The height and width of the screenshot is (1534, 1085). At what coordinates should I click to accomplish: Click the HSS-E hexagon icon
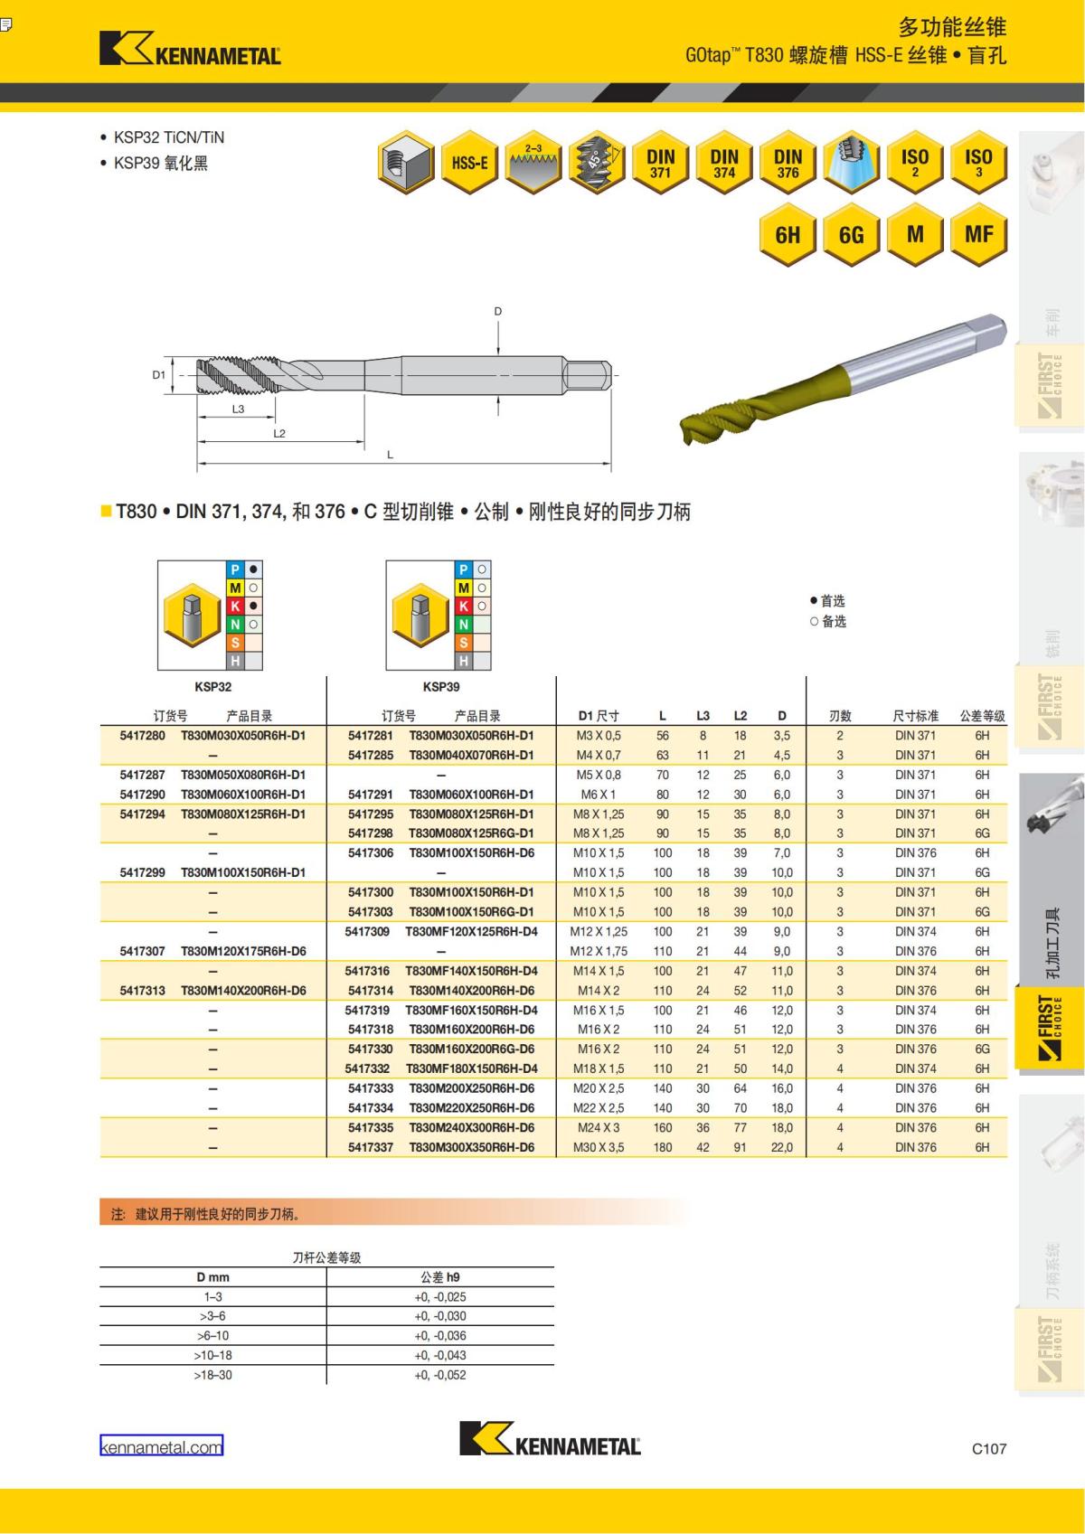[x=469, y=163]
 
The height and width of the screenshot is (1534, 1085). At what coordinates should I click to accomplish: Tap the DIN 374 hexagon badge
[x=724, y=163]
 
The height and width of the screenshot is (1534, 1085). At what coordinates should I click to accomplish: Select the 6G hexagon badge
[x=852, y=235]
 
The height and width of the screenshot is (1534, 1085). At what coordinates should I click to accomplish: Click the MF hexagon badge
[x=978, y=235]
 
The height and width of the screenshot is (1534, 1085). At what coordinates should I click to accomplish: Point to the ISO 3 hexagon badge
[x=978, y=163]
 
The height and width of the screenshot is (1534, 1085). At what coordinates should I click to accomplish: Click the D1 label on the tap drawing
[x=158, y=374]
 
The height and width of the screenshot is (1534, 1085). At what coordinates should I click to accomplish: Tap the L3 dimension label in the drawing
[x=238, y=409]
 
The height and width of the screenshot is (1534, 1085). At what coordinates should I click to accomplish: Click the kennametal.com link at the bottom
[x=161, y=1447]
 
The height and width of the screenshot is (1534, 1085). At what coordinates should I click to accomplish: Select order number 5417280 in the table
[x=143, y=736]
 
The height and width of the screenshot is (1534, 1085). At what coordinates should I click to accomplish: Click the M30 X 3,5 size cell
[x=597, y=1147]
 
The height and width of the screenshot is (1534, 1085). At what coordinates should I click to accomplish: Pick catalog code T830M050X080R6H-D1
[x=243, y=775]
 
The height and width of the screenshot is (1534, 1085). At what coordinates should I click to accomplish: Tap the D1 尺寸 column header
[x=599, y=716]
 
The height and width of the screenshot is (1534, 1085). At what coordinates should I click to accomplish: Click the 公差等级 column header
[x=982, y=716]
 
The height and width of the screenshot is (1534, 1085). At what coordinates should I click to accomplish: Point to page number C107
[x=988, y=1448]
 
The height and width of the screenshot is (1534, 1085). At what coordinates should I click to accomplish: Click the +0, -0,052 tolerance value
[x=440, y=1375]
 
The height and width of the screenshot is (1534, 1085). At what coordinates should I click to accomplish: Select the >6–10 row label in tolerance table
[x=212, y=1336]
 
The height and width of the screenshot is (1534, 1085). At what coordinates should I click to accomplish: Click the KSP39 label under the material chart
[x=440, y=687]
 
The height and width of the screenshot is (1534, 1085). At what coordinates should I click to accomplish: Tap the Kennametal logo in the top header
[x=191, y=50]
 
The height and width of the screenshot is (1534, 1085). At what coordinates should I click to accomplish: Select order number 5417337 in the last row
[x=371, y=1147]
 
